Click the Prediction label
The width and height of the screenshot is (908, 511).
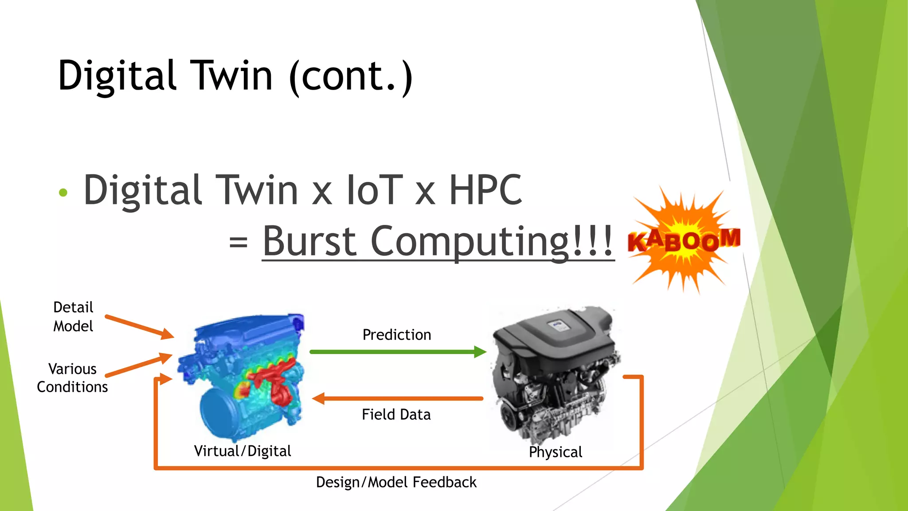pos(397,334)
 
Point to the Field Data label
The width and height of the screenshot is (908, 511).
pos(396,414)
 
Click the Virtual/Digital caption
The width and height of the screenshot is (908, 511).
pos(243,451)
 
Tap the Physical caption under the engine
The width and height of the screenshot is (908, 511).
pos(556,452)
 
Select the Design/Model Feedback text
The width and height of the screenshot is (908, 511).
pos(396,482)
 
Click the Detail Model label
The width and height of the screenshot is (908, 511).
pos(73,317)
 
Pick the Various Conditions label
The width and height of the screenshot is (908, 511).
pos(72,378)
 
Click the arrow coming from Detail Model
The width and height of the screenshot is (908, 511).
pos(139,326)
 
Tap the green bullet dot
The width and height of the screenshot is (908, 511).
pos(63,193)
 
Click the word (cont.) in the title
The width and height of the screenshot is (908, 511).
pos(350,76)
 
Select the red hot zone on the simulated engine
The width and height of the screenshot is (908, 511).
pos(273,377)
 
